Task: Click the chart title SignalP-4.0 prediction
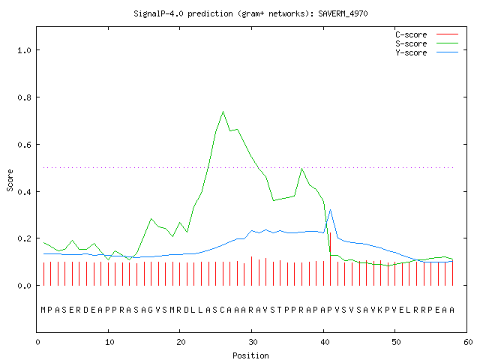[x=183, y=13]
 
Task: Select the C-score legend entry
[x=427, y=34]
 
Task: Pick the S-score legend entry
[x=427, y=43]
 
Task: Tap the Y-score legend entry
[x=427, y=52]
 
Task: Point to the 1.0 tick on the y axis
[x=24, y=50]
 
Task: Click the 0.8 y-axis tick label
[x=24, y=97]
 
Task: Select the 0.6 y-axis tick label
[x=24, y=145]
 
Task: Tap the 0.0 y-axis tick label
[x=24, y=286]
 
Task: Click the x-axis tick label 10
[x=109, y=342]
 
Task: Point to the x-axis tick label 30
[x=253, y=342]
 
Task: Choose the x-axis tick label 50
[x=396, y=342]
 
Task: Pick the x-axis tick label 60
[x=468, y=342]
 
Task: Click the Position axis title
[x=250, y=355]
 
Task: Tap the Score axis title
[x=10, y=181]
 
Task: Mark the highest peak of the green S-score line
[x=223, y=112]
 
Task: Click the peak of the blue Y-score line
[x=330, y=210]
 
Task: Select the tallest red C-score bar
[x=330, y=259]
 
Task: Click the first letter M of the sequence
[x=43, y=310]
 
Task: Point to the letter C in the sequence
[x=222, y=310]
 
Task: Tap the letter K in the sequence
[x=380, y=310]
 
